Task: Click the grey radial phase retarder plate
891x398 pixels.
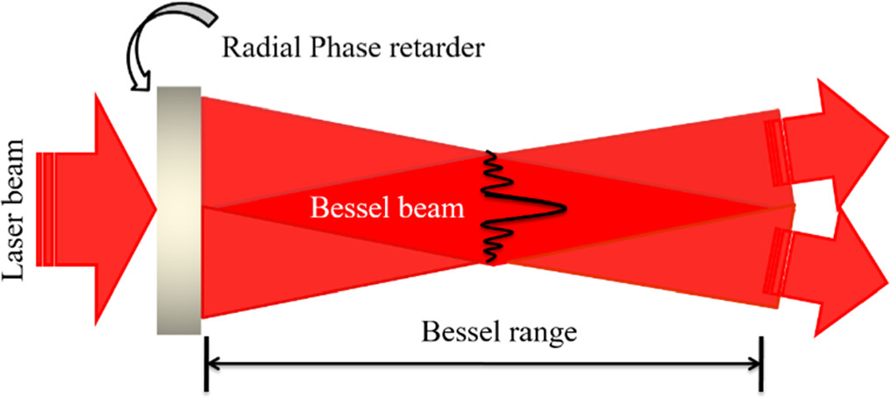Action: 179,209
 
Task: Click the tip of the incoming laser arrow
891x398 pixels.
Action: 154,209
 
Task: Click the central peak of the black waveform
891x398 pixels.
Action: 561,208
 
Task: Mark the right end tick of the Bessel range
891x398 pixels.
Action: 761,365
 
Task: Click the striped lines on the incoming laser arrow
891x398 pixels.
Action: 51,209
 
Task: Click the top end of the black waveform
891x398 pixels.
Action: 489,153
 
